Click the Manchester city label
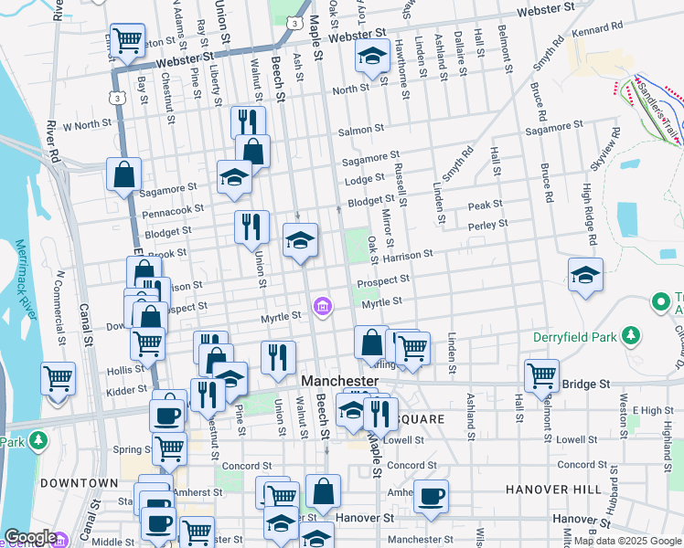point(339,380)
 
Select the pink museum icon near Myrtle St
point(322,306)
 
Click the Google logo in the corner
point(30,537)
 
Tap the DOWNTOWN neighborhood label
point(79,481)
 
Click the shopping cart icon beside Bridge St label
point(541,374)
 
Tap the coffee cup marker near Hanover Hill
point(432,496)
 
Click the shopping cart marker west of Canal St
point(58,377)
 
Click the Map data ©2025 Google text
point(626,541)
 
